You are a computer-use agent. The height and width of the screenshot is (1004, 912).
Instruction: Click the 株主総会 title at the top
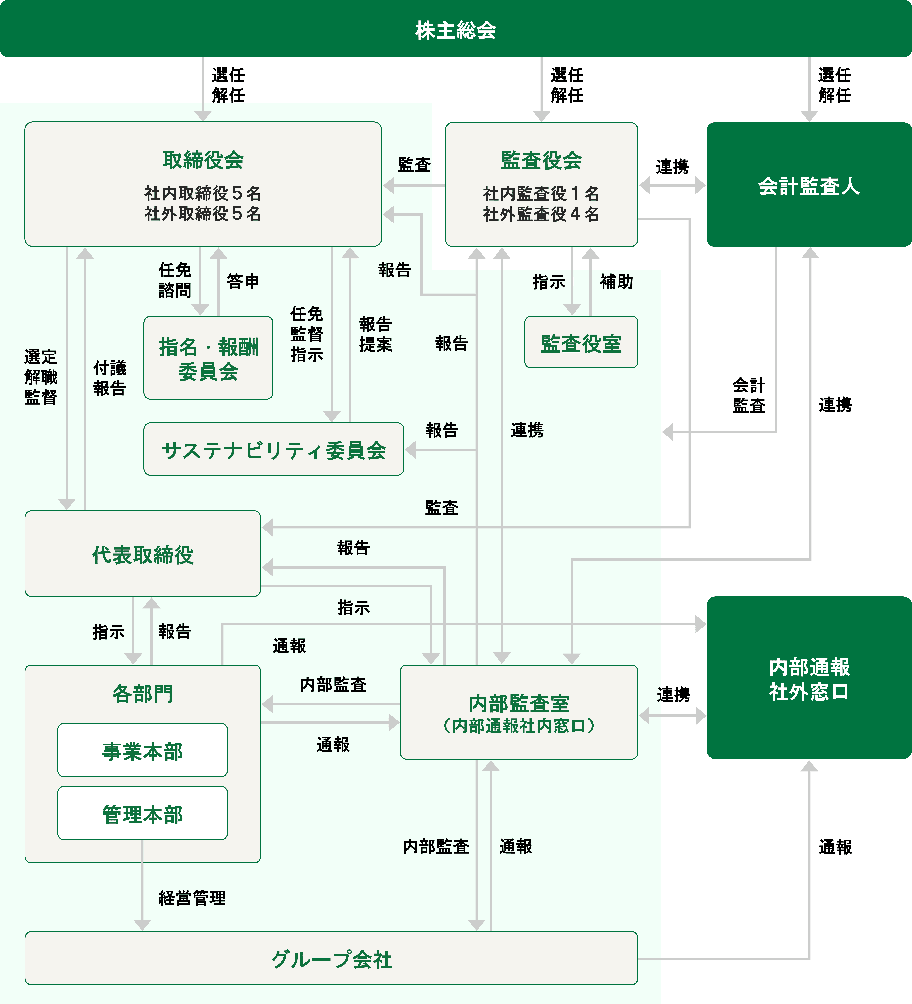pos(455,30)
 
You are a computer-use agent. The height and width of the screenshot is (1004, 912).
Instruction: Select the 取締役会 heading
pos(203,160)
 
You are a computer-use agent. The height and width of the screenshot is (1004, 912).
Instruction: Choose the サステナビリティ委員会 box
pos(273,450)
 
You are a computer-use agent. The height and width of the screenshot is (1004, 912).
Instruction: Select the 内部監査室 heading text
pos(519,703)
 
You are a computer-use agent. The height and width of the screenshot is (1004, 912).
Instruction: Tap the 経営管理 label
pos(192,898)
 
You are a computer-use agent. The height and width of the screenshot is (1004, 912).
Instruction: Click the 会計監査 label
pos(749,395)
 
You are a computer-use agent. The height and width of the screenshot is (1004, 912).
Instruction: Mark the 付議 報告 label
pos(109,378)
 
